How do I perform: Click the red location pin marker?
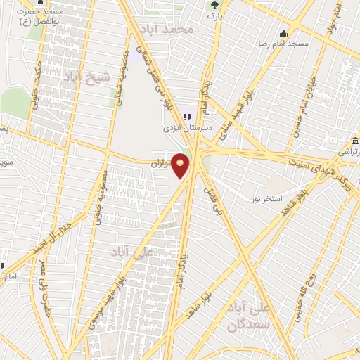(x=181, y=165)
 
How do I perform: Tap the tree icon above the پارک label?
(x=214, y=5)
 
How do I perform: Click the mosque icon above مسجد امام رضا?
(x=283, y=33)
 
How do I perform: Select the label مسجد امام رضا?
(x=283, y=44)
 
